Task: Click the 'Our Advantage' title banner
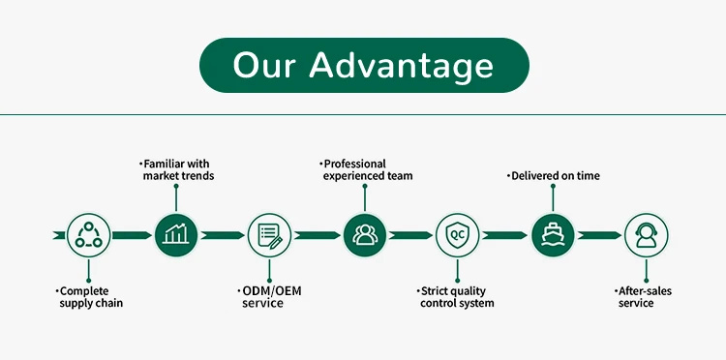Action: (364, 65)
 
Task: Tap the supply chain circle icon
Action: (88, 235)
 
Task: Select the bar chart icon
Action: (176, 235)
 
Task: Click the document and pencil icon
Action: (269, 235)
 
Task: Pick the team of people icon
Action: (365, 235)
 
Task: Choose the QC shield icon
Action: (458, 235)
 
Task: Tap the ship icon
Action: (553, 235)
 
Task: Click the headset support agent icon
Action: (647, 235)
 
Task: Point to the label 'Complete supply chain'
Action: (89, 297)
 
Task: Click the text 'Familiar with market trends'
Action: (176, 169)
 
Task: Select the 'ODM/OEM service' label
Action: (269, 297)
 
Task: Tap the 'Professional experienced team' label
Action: (366, 169)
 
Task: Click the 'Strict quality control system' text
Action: (456, 297)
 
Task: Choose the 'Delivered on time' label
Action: (554, 176)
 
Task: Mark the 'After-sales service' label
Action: (643, 297)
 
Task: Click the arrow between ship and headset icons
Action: (599, 235)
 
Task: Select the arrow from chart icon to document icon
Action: (223, 235)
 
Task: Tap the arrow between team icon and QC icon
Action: (410, 235)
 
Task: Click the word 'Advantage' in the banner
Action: (401, 66)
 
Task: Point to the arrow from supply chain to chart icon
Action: (132, 235)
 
